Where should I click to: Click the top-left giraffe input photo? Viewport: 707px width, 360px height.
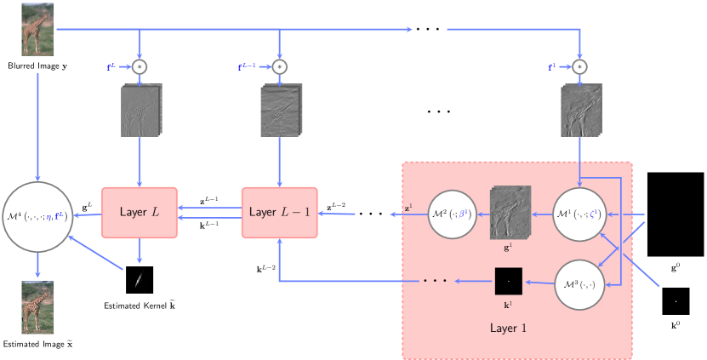[37, 30]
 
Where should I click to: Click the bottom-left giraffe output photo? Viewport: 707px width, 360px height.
[37, 307]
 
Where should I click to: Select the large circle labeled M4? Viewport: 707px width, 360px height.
[37, 216]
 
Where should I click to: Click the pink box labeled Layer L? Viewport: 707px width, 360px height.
[140, 212]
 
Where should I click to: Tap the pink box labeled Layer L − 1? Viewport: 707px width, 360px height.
[279, 212]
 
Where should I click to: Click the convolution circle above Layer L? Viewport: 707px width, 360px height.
[140, 66]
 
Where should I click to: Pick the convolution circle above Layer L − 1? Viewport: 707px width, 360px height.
[279, 66]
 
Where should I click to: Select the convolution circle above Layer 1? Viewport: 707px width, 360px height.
[579, 66]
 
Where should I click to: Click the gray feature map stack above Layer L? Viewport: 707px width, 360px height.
[140, 111]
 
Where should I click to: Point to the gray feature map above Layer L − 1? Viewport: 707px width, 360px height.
[279, 111]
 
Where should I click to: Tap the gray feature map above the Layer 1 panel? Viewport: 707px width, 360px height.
[581, 111]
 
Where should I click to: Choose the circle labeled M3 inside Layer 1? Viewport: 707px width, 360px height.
[579, 282]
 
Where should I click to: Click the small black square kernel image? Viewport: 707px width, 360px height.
[508, 281]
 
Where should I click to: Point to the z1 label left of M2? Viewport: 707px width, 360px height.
[409, 207]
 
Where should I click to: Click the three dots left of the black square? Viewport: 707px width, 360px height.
[436, 281]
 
